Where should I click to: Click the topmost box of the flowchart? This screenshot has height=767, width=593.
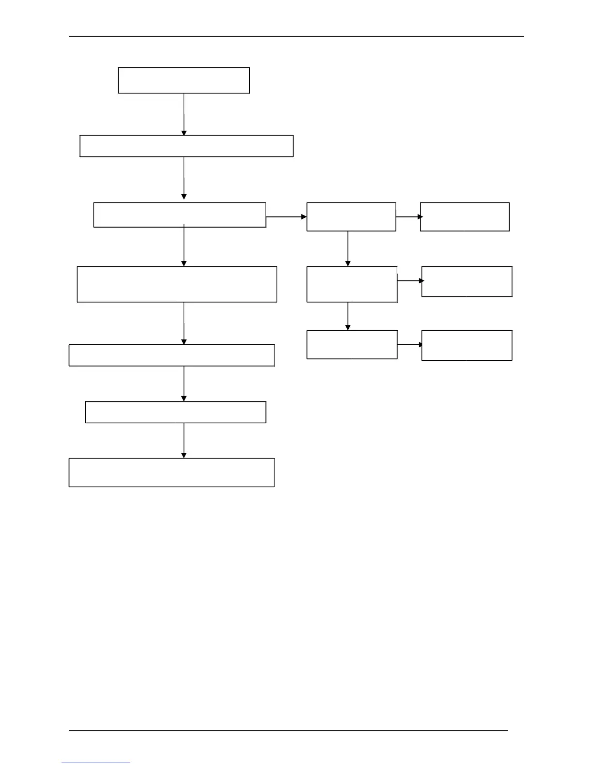tap(184, 80)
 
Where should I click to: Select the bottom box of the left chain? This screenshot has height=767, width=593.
tap(172, 472)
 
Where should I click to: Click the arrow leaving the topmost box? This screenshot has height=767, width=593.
tap(184, 114)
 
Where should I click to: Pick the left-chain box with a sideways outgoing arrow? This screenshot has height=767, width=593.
tap(179, 215)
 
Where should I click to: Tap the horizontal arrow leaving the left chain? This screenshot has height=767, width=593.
tap(286, 217)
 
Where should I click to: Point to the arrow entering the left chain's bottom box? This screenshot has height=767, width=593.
tap(184, 440)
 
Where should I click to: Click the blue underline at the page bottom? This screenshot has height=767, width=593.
tap(96, 763)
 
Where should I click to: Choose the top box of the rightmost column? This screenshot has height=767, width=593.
tap(465, 216)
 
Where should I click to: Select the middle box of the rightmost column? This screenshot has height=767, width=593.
tap(467, 281)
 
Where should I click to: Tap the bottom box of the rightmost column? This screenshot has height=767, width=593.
tap(467, 345)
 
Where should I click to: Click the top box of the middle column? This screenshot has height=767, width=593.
tap(351, 216)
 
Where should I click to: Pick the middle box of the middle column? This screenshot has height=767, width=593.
tap(352, 284)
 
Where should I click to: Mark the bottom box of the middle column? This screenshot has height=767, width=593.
tap(352, 345)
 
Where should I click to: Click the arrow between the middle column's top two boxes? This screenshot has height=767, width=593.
tap(347, 248)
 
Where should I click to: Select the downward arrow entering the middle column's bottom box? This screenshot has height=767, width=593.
tap(347, 316)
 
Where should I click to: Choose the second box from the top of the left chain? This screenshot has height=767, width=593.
tap(187, 146)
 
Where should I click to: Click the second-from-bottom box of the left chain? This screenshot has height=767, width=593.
tap(175, 412)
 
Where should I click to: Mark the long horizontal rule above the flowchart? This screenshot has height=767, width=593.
tap(296, 36)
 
